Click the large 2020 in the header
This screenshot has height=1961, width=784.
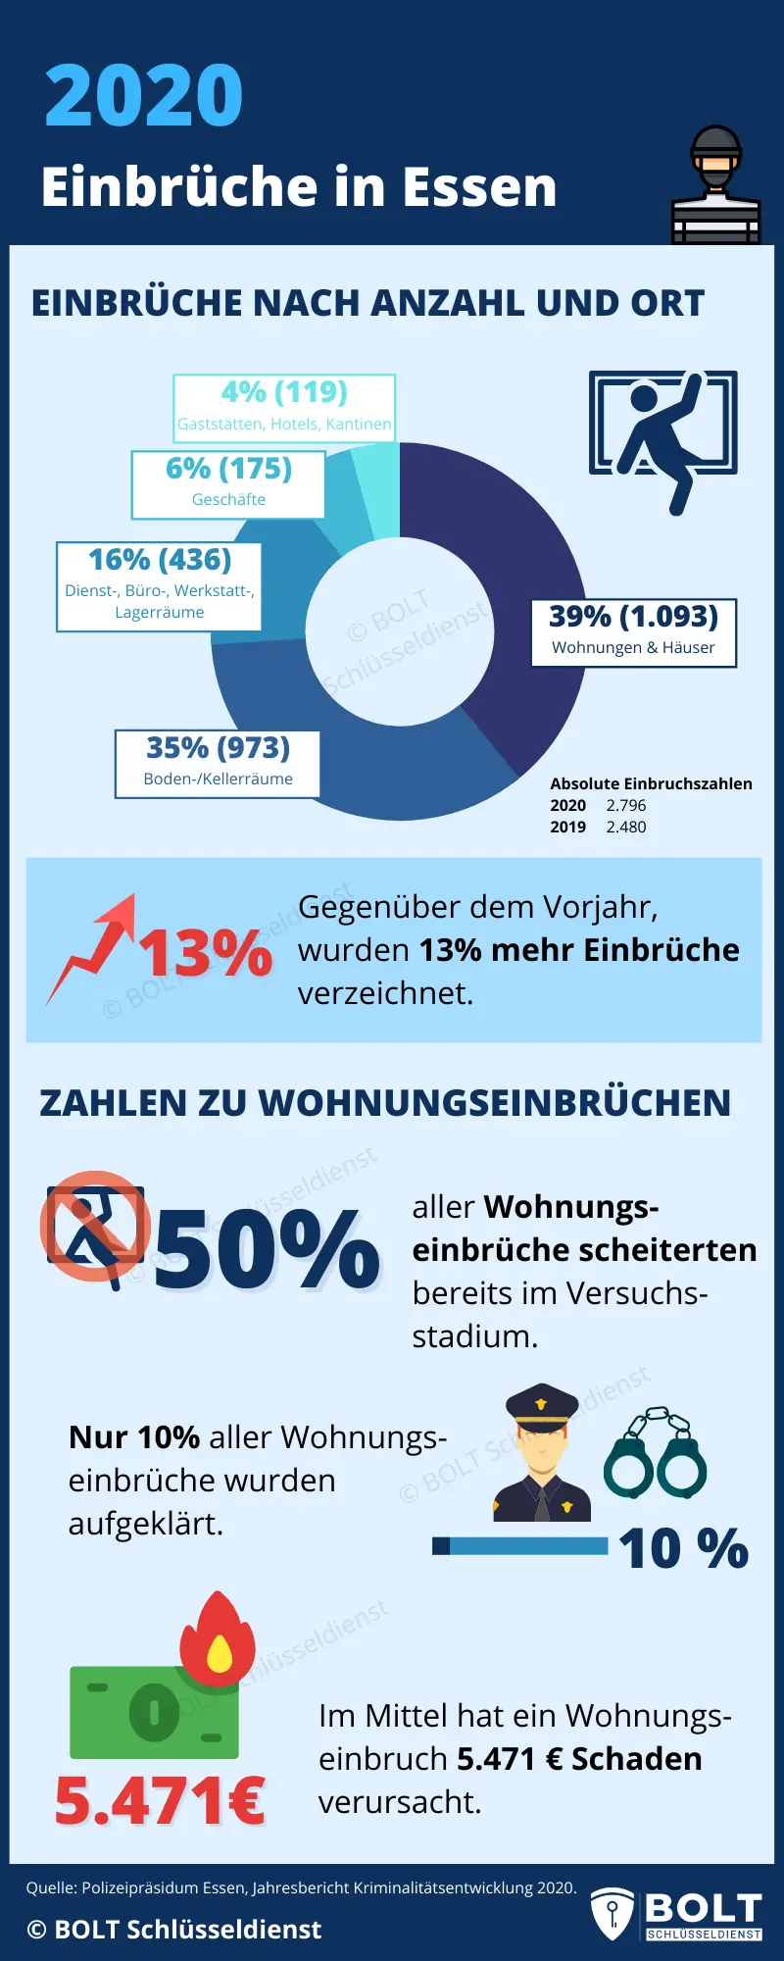point(144,95)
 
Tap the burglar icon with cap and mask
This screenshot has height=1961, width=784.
point(715,185)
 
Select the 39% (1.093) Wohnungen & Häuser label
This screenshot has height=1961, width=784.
point(633,632)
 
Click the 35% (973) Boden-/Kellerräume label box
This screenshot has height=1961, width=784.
point(218,763)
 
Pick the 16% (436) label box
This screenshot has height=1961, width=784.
point(159,585)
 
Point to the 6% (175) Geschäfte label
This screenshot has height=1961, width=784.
point(228,483)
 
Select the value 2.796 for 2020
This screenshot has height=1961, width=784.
point(626,805)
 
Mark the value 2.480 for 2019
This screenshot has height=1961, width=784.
point(626,827)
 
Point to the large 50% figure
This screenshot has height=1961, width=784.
point(267,1249)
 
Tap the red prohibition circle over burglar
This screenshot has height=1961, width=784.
point(95,1226)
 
